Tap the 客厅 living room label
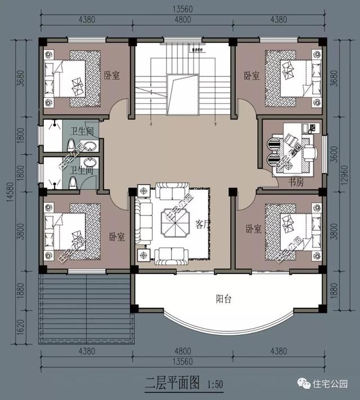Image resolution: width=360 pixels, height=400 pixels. click(203, 224)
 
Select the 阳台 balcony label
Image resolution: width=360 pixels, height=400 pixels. click(224, 299)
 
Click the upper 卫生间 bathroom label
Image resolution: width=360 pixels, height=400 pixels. click(81, 131)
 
